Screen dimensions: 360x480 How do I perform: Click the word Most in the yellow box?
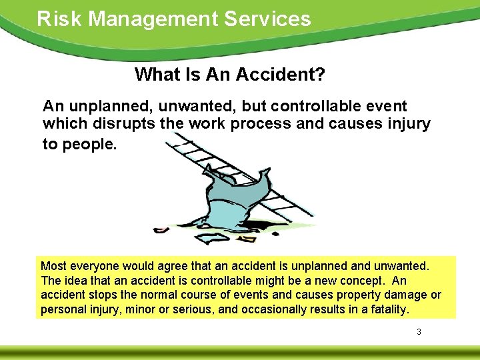click(x=55, y=267)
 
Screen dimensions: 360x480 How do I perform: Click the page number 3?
click(x=419, y=331)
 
